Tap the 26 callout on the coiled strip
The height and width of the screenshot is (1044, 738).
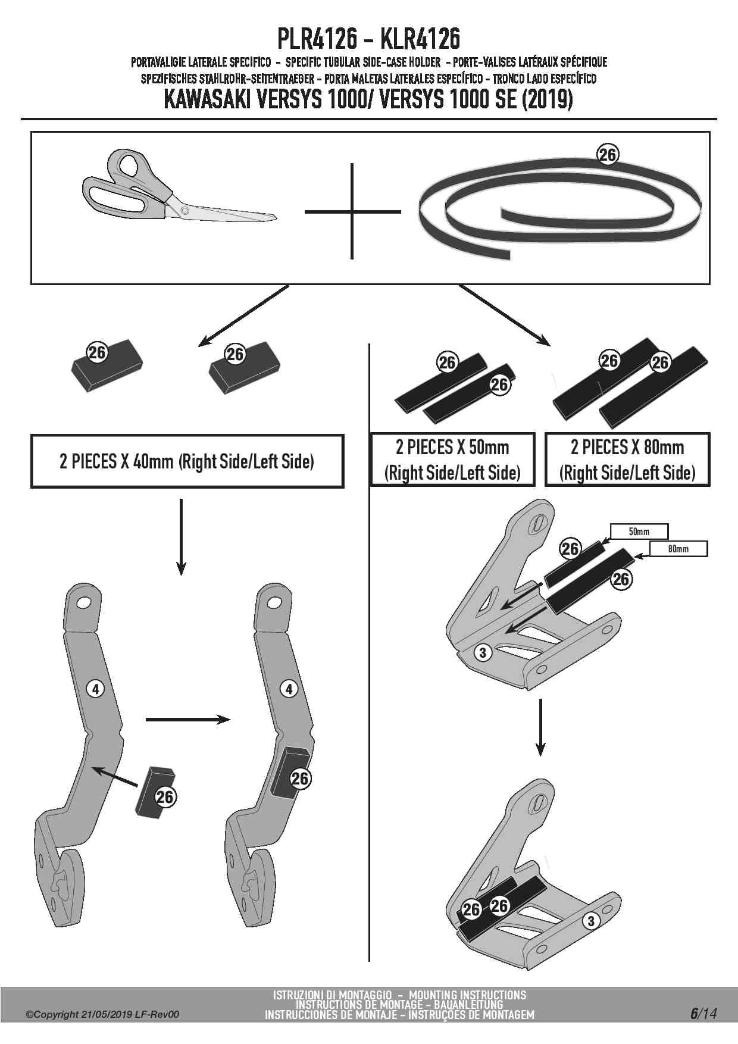(x=607, y=155)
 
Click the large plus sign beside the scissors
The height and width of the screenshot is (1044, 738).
(x=352, y=211)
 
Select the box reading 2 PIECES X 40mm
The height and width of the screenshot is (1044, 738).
(x=187, y=461)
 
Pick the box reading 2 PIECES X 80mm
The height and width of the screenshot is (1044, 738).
(x=627, y=460)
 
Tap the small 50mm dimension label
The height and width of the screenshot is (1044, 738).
(x=639, y=532)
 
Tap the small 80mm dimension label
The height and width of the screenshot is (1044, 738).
(x=678, y=549)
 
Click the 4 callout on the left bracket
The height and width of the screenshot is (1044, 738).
(x=95, y=689)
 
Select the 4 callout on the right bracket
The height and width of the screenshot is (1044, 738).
(x=289, y=689)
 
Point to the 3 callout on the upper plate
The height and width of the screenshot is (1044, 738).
(x=483, y=653)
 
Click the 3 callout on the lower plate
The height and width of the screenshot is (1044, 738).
(x=590, y=921)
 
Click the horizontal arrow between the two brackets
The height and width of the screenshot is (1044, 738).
(x=187, y=720)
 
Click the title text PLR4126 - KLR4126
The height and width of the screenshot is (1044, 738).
(x=368, y=39)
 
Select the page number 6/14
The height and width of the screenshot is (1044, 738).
(x=703, y=1014)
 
